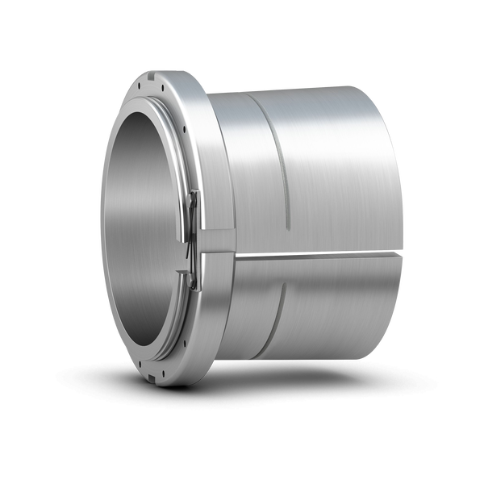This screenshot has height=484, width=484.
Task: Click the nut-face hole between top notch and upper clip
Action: pos(185,129)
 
